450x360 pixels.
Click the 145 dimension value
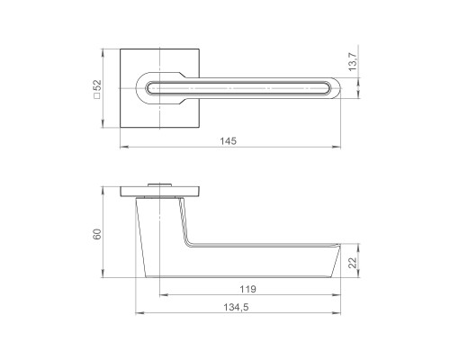pyautogui.click(x=229, y=140)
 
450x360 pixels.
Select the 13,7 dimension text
pyautogui.click(x=353, y=62)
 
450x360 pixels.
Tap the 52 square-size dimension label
pyautogui.click(x=98, y=85)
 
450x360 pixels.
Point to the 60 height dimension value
pyautogui.click(x=97, y=234)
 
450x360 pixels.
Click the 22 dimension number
pyautogui.click(x=354, y=263)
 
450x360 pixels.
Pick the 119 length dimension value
pyautogui.click(x=247, y=289)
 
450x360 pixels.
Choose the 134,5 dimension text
pyautogui.click(x=236, y=307)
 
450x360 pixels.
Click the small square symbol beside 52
pyautogui.click(x=97, y=96)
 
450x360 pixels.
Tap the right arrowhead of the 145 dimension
pyautogui.click(x=337, y=147)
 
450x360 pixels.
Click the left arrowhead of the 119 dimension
pyautogui.click(x=163, y=295)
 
